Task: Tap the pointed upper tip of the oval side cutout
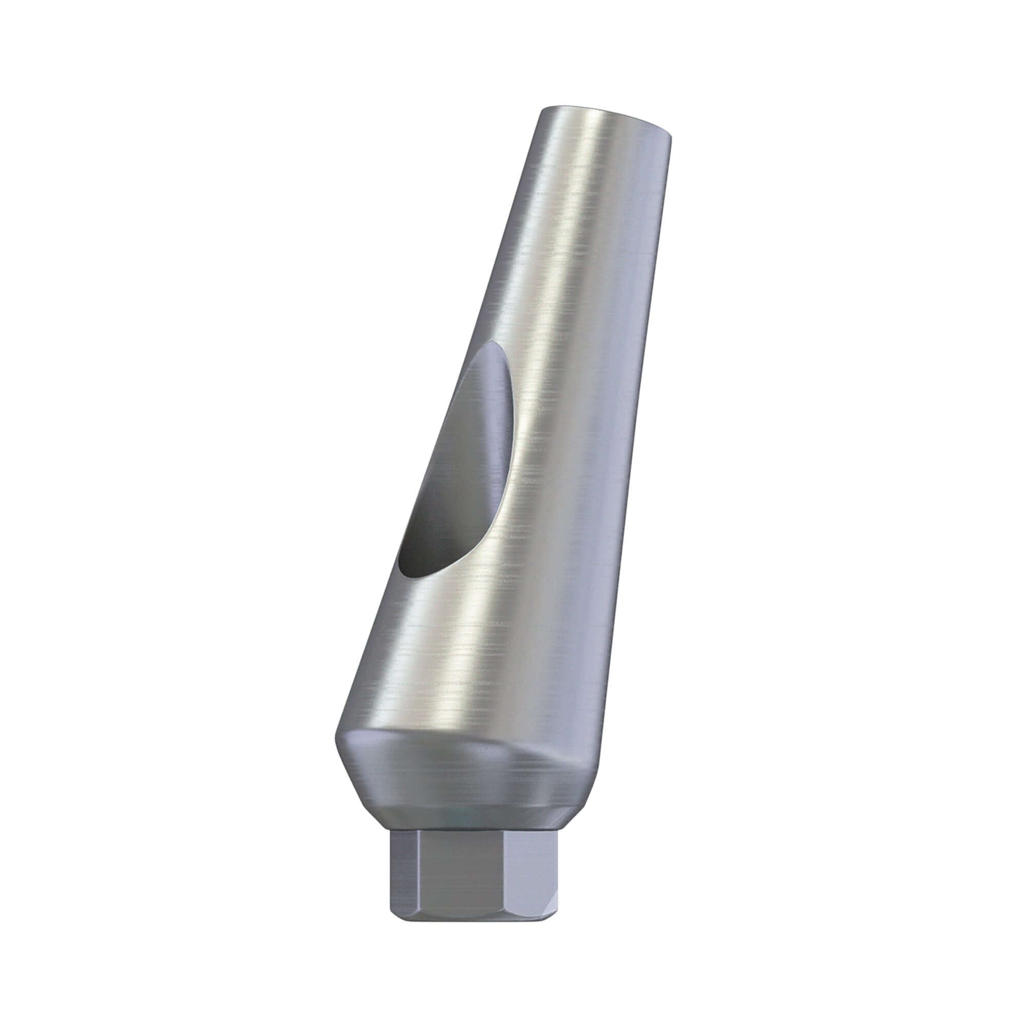coord(491,346)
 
